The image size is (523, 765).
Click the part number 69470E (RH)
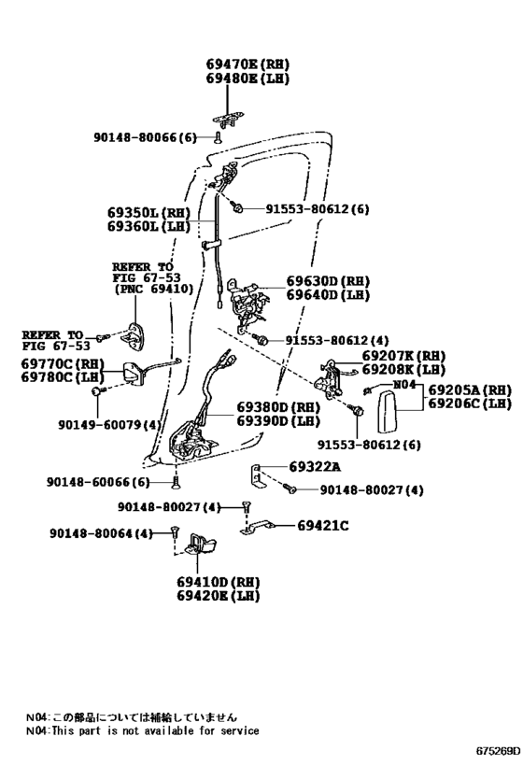pos(247,64)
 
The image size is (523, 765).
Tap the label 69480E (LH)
pos(247,78)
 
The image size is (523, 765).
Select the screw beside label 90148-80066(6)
pos(219,137)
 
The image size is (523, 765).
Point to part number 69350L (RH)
pos(148,213)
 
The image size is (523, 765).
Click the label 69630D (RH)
pos(328,281)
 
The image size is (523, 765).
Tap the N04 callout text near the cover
pos(404,385)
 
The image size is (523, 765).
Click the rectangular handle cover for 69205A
pos(388,412)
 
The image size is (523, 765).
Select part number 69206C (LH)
pos(470,404)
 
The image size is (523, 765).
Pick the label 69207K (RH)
pos(403,356)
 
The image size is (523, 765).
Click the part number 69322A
pos(315,467)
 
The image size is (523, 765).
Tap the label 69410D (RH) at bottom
pos(219,582)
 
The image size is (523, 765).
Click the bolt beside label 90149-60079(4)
pos(97,390)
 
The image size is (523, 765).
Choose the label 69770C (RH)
pos(63,364)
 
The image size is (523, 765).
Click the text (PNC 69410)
pos(154,289)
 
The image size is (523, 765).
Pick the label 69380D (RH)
pos(278,407)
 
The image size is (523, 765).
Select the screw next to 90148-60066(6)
pos(174,483)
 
